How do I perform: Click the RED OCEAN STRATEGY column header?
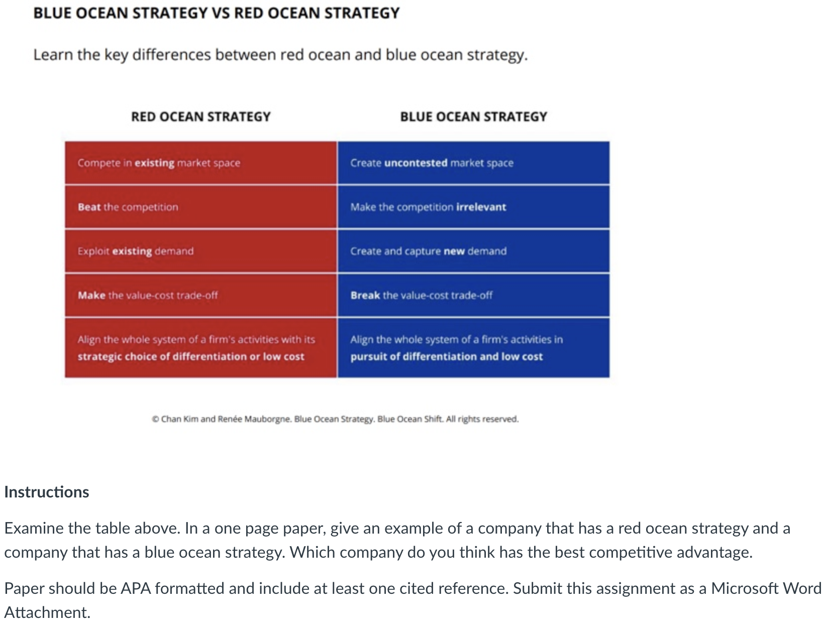click(200, 116)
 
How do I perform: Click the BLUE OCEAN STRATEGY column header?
click(473, 116)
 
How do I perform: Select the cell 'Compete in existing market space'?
click(159, 163)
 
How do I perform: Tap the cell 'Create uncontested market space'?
click(432, 163)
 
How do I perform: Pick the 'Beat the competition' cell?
click(128, 207)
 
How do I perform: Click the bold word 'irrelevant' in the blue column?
click(481, 207)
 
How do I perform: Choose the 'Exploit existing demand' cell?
click(135, 251)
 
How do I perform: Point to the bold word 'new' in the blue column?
click(454, 251)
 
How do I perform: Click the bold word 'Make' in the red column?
click(91, 296)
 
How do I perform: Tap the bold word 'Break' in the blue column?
click(365, 296)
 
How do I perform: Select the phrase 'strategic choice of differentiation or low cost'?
click(191, 357)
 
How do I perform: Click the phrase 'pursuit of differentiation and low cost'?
click(446, 357)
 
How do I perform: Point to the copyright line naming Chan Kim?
click(335, 419)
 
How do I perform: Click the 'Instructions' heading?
click(47, 492)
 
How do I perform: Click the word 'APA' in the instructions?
click(136, 588)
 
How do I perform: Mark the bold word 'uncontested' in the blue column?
click(416, 163)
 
